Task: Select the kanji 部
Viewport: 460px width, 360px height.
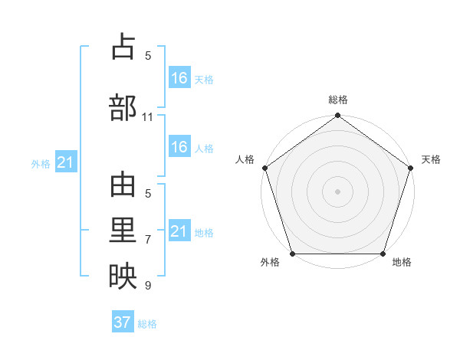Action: [x=123, y=108]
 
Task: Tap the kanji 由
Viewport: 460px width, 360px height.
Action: [x=123, y=186]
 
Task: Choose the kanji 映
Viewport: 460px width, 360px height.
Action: [x=123, y=277]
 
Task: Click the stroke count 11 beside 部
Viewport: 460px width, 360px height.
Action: [x=148, y=117]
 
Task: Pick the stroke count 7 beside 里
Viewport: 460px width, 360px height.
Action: [x=148, y=239]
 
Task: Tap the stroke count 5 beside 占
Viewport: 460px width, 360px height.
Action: [x=148, y=55]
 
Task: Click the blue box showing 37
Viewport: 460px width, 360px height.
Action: [x=123, y=322]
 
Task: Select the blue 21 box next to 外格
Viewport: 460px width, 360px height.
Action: [x=66, y=162]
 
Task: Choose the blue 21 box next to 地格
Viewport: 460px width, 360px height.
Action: [x=179, y=231]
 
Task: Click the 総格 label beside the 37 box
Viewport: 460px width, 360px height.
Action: [x=147, y=324]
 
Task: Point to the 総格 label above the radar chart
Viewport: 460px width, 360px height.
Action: [x=338, y=100]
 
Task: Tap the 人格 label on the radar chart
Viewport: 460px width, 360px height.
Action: [x=245, y=159]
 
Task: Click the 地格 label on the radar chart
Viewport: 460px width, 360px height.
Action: [x=402, y=263]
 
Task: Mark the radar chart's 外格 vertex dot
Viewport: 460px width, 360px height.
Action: [x=292, y=254]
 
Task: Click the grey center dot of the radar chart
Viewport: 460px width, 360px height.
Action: [x=337, y=191]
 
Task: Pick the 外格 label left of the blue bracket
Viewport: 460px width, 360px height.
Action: [x=41, y=163]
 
